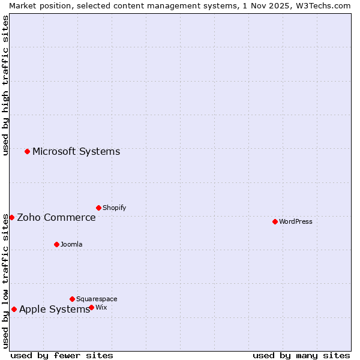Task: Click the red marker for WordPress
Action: click(275, 221)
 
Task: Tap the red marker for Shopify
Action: click(98, 208)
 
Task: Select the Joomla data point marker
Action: click(56, 244)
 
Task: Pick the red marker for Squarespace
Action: click(72, 299)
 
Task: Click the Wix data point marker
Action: click(91, 307)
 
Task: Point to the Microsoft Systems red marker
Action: click(27, 151)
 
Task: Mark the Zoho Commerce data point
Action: click(11, 217)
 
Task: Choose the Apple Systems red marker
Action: click(14, 310)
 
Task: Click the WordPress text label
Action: click(296, 221)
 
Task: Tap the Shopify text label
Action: click(114, 208)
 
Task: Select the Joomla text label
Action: click(71, 244)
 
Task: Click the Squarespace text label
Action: click(97, 299)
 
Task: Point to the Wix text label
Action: click(101, 307)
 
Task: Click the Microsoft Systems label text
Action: click(76, 151)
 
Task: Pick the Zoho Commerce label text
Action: click(56, 217)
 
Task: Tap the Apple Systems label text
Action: click(55, 310)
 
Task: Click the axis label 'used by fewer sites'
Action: click(62, 355)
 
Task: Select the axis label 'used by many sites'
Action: click(301, 355)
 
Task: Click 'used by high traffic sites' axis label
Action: click(5, 85)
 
